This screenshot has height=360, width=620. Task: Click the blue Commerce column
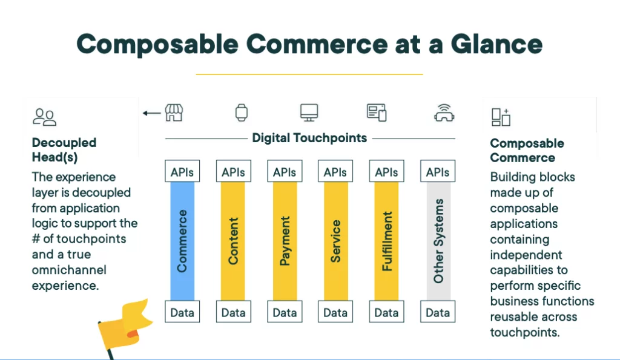[182, 241]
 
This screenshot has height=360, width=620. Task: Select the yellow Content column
[233, 241]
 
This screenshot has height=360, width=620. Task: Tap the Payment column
[285, 241]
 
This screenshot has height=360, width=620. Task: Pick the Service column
[335, 241]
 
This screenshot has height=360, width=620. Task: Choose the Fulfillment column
[386, 241]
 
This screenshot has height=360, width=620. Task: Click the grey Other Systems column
[438, 241]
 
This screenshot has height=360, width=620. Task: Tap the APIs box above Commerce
[182, 171]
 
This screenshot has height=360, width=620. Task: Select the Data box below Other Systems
[438, 312]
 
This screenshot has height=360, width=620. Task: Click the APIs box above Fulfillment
[386, 171]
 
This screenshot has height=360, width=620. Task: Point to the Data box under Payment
[285, 312]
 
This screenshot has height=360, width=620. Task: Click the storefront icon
[174, 113]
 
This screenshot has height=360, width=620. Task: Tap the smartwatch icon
[242, 113]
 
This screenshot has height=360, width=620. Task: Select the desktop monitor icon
[309, 113]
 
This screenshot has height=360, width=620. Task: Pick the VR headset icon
[444, 113]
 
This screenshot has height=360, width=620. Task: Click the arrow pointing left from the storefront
[152, 113]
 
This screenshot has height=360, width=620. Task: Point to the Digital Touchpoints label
[309, 138]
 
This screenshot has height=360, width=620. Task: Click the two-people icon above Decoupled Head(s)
[44, 117]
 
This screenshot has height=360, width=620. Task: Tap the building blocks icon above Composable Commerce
[501, 117]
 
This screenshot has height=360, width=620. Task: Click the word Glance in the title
[496, 44]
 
